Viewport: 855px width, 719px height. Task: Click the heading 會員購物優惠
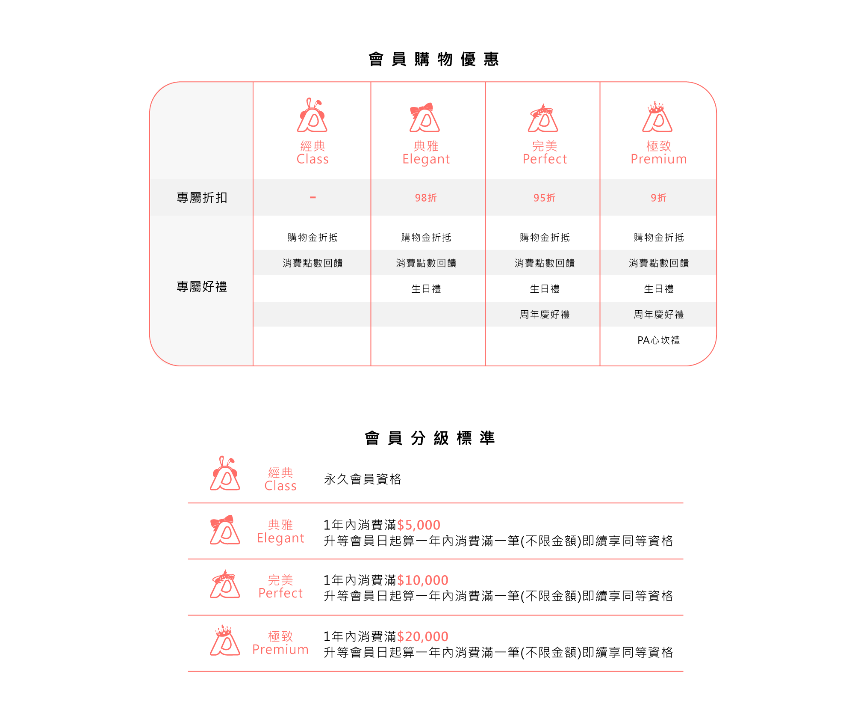click(x=433, y=59)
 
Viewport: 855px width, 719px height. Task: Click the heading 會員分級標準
click(x=430, y=438)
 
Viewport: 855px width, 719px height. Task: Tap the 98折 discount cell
click(x=426, y=198)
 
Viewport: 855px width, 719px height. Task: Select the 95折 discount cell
click(x=544, y=198)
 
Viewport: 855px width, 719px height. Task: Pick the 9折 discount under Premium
click(x=658, y=198)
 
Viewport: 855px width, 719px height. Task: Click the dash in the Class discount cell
click(x=313, y=198)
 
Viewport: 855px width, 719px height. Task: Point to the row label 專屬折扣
click(x=202, y=198)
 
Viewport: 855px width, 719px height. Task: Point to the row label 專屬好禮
click(x=202, y=287)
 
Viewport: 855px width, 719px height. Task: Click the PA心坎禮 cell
click(x=658, y=340)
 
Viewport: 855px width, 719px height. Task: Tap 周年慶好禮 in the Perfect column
click(x=544, y=315)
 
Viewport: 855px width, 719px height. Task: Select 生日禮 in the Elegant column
click(x=426, y=289)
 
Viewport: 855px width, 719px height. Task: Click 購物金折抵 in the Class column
click(x=313, y=238)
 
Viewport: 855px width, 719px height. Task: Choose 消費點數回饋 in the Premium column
click(x=658, y=263)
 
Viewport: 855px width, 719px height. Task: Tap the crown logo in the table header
click(x=657, y=118)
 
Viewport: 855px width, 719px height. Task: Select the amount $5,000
click(x=419, y=525)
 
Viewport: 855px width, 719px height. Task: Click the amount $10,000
click(x=422, y=580)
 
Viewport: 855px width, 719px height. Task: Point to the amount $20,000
click(x=422, y=637)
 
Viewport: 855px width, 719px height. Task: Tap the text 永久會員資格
click(x=363, y=479)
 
